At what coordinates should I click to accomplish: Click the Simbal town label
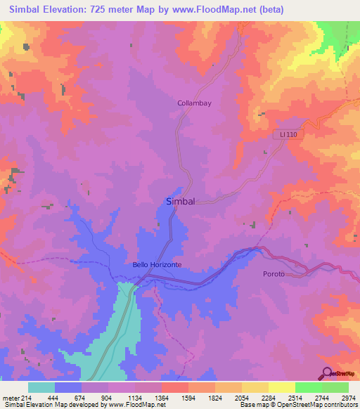tap(179, 201)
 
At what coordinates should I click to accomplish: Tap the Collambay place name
tap(194, 103)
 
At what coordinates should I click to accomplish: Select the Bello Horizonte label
tap(157, 264)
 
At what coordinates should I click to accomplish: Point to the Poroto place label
tap(274, 273)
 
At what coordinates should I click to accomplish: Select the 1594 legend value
tap(188, 397)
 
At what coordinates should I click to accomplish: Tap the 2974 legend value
tap(348, 397)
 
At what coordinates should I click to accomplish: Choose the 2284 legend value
tap(268, 397)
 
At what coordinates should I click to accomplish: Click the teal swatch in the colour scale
tap(41, 387)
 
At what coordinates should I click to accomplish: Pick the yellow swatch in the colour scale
tap(281, 387)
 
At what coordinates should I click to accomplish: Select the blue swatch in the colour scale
tap(68, 387)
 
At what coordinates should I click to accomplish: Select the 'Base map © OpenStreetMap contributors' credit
tap(297, 405)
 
